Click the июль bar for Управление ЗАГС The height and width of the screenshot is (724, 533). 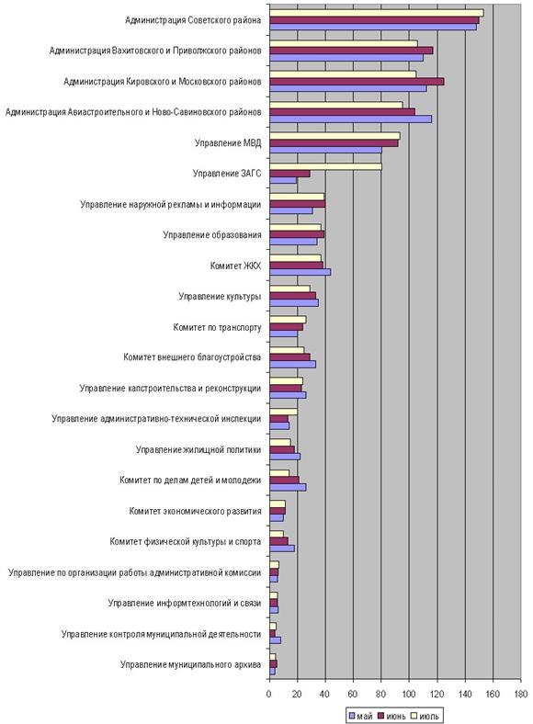tap(325, 166)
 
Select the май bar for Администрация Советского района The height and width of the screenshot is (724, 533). tap(373, 28)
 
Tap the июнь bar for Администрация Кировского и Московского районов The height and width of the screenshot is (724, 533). tap(357, 82)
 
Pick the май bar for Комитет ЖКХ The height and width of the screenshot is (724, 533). tap(301, 273)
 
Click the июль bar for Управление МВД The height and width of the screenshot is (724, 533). tap(335, 136)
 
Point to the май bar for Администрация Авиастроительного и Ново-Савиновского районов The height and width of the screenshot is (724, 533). tap(350, 119)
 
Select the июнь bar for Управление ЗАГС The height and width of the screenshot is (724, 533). tap(289, 174)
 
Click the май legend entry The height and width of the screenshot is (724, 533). tap(360, 716)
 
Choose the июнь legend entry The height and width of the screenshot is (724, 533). tap(392, 716)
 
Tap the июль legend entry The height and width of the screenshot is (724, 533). tap(425, 716)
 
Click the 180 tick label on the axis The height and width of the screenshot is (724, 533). tap(521, 695)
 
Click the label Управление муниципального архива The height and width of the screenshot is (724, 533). tap(191, 665)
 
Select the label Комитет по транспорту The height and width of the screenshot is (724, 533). tap(217, 327)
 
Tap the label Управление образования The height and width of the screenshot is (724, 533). tap(212, 235)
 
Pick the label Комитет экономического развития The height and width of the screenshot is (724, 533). tap(196, 511)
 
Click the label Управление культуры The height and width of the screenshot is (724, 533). tap(220, 297)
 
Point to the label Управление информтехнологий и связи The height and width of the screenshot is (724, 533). tap(185, 604)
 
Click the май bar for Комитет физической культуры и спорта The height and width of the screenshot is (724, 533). tap(282, 549)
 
